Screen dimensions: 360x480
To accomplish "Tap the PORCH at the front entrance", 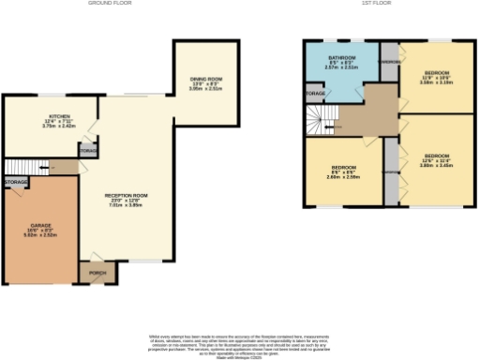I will point(97,274).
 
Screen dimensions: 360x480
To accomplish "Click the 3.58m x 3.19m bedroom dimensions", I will point(438,82).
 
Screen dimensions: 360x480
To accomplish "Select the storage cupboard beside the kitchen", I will point(88,150).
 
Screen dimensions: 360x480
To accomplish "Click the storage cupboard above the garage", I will point(16,181).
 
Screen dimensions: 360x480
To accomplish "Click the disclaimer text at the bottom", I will point(239,341).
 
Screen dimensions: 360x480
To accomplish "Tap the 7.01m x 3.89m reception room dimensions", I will point(127,207).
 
